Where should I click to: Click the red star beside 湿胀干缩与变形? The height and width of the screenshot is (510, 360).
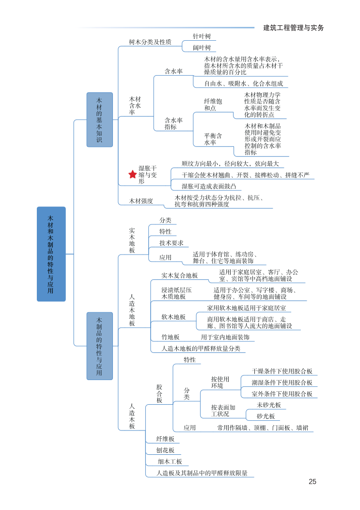click(x=132, y=175)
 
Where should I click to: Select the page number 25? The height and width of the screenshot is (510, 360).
click(x=313, y=481)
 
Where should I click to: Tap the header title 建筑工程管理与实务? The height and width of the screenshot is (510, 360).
click(x=294, y=28)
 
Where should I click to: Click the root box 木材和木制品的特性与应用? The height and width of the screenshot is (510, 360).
click(x=51, y=254)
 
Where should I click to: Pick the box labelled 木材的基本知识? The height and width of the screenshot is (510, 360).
click(x=99, y=119)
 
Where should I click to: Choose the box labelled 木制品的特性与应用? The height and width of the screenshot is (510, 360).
click(x=99, y=346)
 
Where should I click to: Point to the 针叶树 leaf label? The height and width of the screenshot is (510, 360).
click(x=202, y=36)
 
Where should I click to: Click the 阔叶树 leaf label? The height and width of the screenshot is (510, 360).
click(x=202, y=48)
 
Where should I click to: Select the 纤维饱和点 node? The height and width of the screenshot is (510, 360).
click(x=213, y=104)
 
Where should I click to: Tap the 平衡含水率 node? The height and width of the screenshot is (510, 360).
click(x=213, y=139)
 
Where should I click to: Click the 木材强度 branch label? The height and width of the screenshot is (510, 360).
click(x=141, y=200)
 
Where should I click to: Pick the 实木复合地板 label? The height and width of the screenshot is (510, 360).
click(x=179, y=275)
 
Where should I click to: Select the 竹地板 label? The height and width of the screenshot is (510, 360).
click(x=171, y=337)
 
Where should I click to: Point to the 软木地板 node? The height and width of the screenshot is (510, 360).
click(x=173, y=317)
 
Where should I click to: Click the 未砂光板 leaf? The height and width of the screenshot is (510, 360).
click(x=268, y=405)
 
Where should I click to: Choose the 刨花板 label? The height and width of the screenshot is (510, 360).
click(x=165, y=450)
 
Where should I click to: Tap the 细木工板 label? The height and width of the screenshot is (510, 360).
click(x=170, y=462)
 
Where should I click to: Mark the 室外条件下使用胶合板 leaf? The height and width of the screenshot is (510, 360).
click(x=282, y=394)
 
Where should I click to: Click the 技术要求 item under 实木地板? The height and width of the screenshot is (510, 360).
click(x=171, y=243)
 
